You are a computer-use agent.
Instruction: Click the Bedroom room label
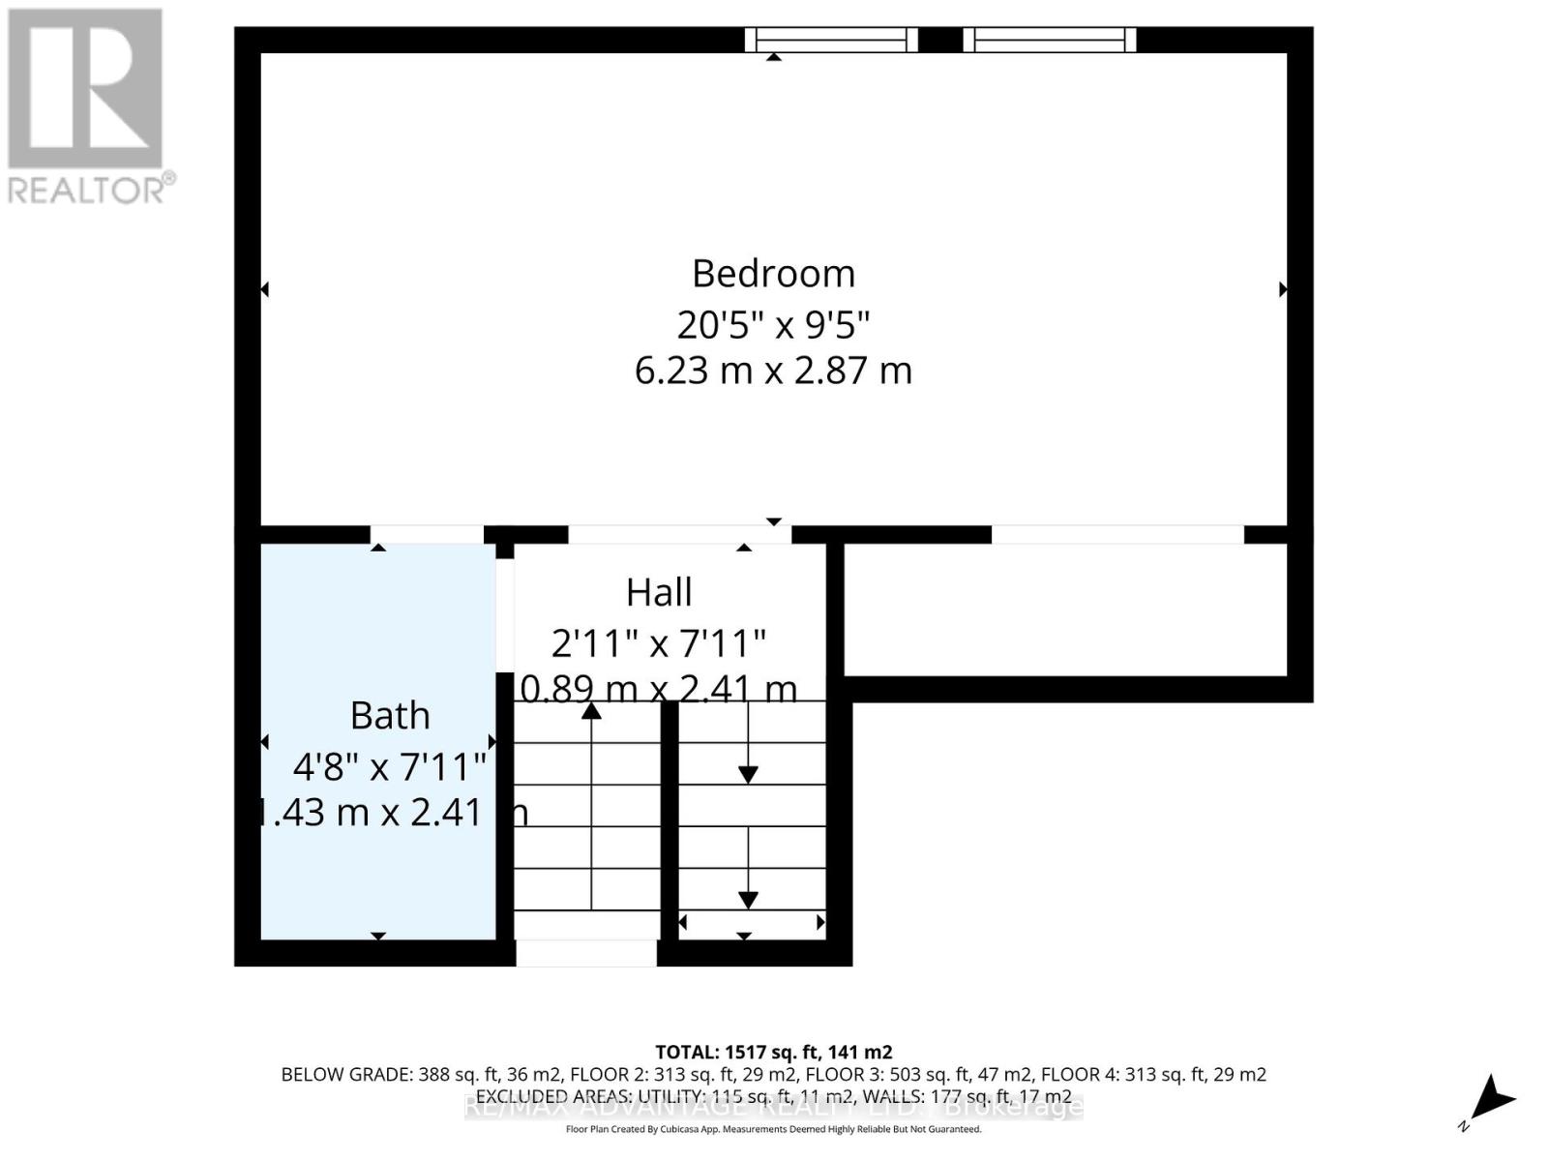click(x=773, y=274)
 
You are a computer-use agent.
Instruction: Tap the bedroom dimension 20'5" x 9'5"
click(x=773, y=324)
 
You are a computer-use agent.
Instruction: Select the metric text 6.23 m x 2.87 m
click(x=773, y=371)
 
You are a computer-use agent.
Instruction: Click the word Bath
click(x=389, y=716)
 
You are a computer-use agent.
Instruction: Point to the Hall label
click(x=659, y=592)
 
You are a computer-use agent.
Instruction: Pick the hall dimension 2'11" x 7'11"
click(x=659, y=642)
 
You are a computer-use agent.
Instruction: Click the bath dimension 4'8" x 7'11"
click(x=389, y=767)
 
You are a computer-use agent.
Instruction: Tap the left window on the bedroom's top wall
click(x=831, y=40)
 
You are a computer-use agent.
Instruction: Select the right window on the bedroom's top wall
click(x=1050, y=40)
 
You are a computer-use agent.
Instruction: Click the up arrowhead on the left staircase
click(x=591, y=712)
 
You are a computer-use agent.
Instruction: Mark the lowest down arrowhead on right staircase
click(x=748, y=900)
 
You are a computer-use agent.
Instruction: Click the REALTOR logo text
click(x=92, y=189)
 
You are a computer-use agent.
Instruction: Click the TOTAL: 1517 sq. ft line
click(x=773, y=1052)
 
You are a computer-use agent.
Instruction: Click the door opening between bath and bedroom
click(x=427, y=535)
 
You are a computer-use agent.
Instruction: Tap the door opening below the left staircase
click(x=585, y=953)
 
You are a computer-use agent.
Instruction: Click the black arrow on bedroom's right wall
click(x=1283, y=289)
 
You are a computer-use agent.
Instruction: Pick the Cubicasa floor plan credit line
click(x=773, y=1129)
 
